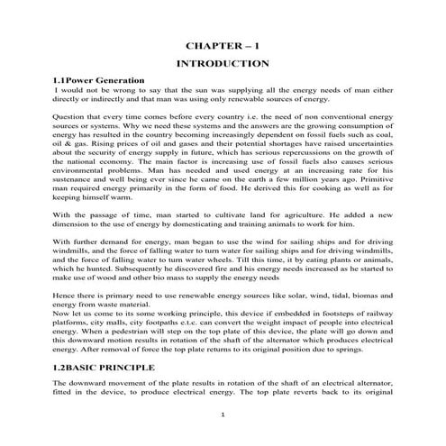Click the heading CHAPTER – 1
pos(222,44)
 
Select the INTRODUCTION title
pos(222,64)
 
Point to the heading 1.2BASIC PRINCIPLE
pos(115,368)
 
